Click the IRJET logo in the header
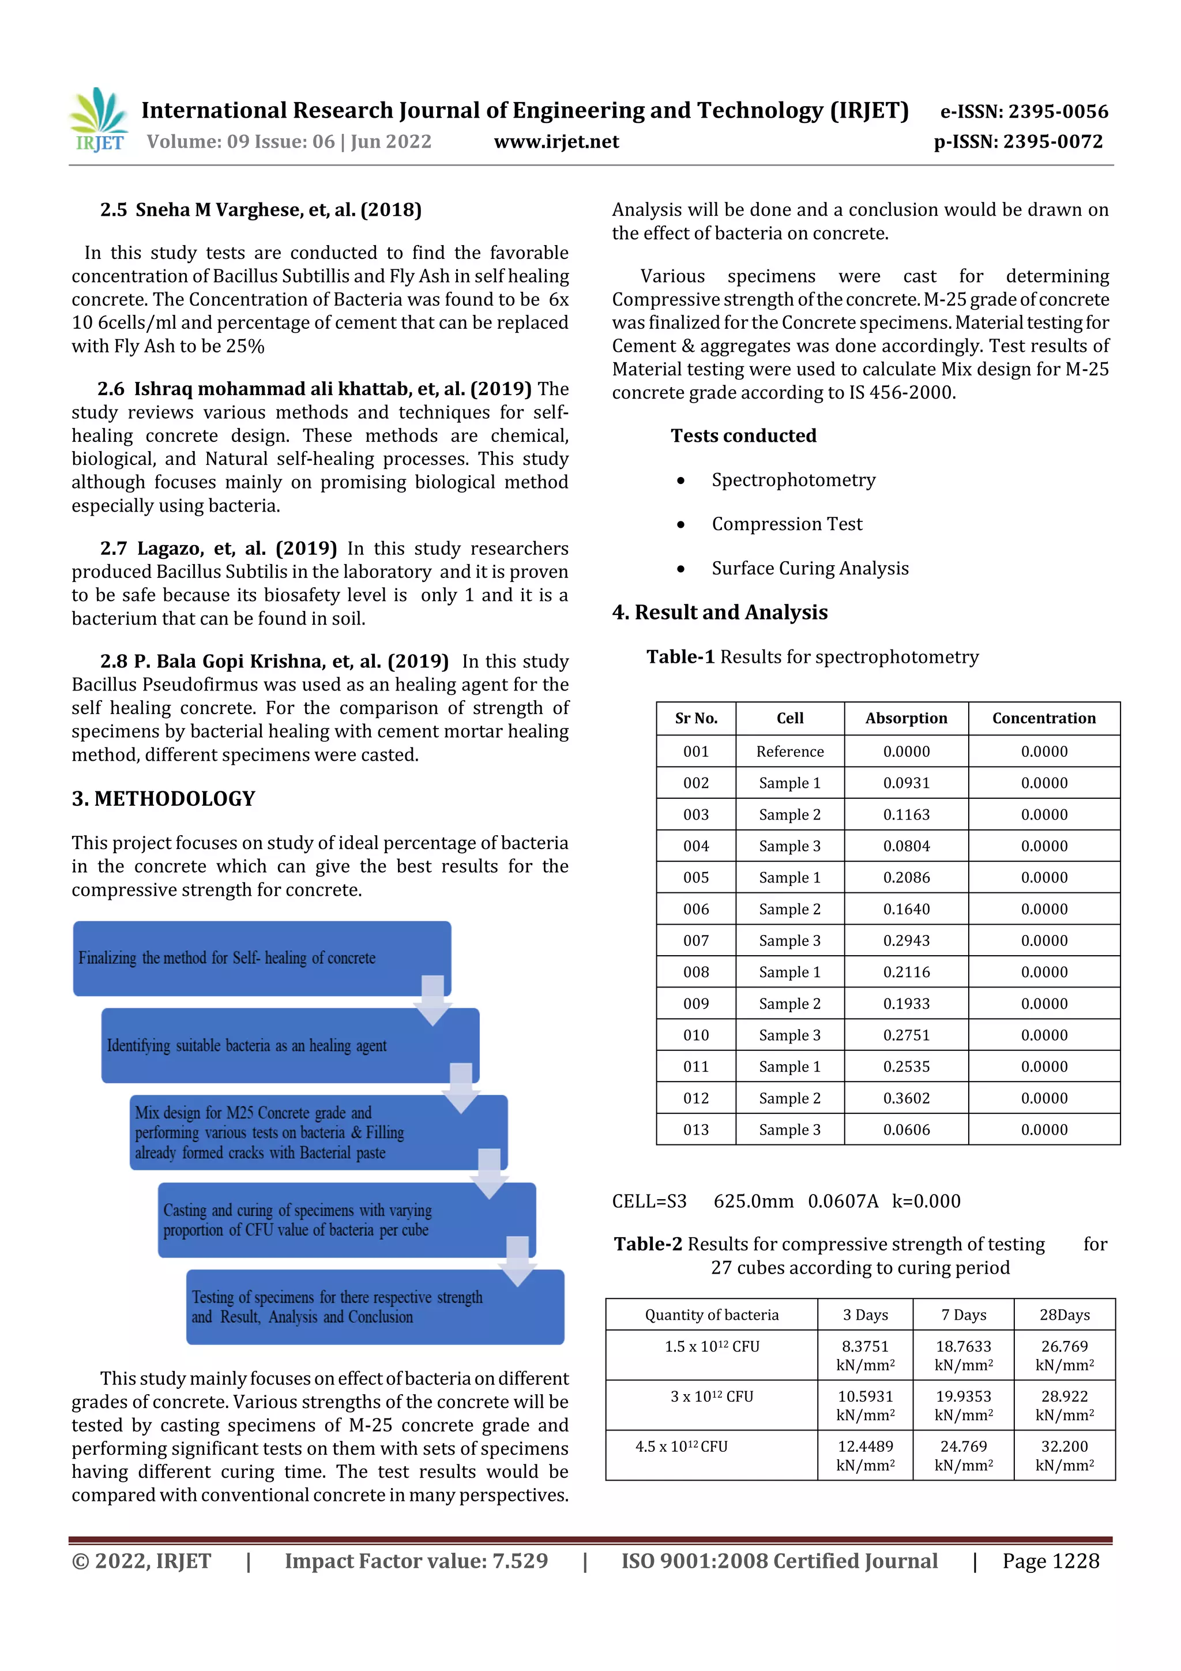[x=98, y=121]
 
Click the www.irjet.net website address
[x=556, y=142]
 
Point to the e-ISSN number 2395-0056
[x=1024, y=111]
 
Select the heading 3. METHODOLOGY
[x=163, y=798]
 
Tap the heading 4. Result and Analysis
[x=720, y=612]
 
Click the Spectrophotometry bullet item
[x=793, y=480]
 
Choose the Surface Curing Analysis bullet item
[x=810, y=568]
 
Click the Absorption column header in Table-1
[x=906, y=718]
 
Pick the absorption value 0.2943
[x=906, y=940]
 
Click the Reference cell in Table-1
[x=789, y=751]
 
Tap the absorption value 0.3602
[x=906, y=1098]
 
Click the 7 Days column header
[x=964, y=1315]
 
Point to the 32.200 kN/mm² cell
[x=1064, y=1456]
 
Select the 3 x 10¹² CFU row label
[x=711, y=1396]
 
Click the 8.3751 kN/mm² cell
[x=865, y=1355]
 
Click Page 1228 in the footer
[x=1050, y=1560]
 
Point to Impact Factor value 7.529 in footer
[x=416, y=1560]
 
